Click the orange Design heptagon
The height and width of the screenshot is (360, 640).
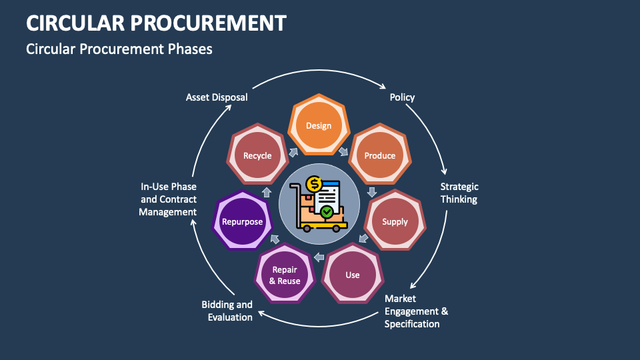coord(319,125)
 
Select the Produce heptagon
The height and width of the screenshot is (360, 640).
coord(379,155)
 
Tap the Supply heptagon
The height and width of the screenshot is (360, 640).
coord(395,221)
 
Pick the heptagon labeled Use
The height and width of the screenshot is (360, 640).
coord(353,275)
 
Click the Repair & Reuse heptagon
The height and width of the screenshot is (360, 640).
coord(285,275)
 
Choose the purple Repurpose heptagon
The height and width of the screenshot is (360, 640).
coord(243,221)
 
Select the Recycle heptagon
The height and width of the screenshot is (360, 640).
coord(257,155)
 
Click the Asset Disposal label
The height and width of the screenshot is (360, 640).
coord(217,97)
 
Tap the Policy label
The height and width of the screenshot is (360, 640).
coord(402,97)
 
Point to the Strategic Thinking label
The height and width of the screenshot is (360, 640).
coord(459,193)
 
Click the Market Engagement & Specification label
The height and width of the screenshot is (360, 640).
coord(416,311)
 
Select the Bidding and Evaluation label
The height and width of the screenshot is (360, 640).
coord(227,311)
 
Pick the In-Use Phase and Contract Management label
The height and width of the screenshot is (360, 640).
coord(168,199)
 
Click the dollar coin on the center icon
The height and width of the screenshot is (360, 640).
coord(313,185)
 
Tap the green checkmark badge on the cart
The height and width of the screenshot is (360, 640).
coord(327,212)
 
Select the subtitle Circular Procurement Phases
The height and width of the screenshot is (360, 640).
coord(119,49)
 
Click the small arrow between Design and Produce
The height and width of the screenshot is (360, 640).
coord(343,151)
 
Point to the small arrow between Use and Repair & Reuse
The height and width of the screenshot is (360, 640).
coord(319,257)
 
